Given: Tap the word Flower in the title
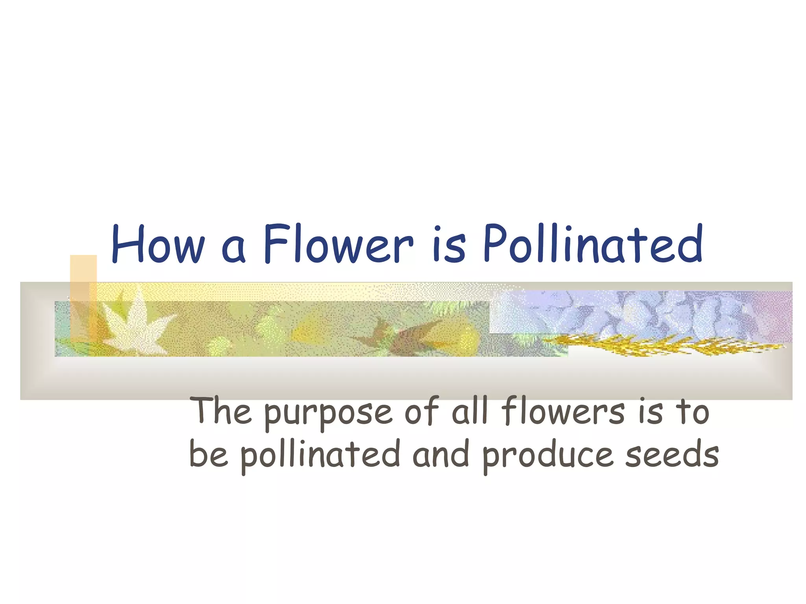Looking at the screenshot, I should click(338, 244).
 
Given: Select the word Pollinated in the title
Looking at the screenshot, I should click(593, 244).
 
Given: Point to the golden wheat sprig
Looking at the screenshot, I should click(661, 345).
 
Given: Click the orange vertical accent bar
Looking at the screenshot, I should click(83, 299).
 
